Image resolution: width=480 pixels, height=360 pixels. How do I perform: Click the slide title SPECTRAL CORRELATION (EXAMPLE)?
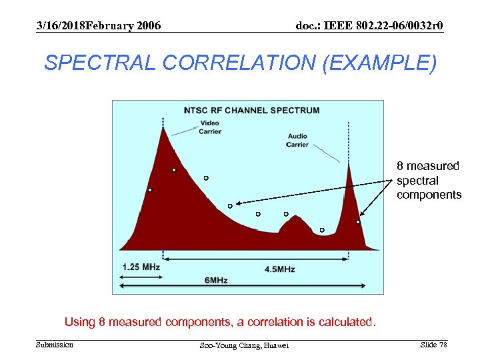(240, 63)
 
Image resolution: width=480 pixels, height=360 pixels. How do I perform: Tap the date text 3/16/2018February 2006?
(98, 26)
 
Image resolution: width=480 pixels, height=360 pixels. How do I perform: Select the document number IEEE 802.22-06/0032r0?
(369, 26)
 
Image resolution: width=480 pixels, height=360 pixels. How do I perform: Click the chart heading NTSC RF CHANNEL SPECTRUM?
(251, 110)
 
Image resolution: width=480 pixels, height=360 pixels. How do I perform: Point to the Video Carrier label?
(210, 127)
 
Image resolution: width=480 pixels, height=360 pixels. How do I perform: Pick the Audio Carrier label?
(297, 140)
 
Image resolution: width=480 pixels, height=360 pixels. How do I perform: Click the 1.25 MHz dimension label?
(141, 267)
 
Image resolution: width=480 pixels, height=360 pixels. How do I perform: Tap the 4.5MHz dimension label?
(280, 269)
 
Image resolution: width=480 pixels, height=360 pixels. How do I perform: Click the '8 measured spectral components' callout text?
(428, 180)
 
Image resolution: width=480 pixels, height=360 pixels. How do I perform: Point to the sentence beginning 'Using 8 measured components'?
(220, 322)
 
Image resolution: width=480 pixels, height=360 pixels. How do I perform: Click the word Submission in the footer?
(55, 345)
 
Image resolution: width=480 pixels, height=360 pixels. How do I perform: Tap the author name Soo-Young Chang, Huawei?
(245, 345)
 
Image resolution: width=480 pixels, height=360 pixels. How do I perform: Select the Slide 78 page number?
(433, 345)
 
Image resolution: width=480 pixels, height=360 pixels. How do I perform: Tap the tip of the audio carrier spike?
(349, 165)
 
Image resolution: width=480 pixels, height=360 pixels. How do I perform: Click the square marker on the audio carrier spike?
(358, 222)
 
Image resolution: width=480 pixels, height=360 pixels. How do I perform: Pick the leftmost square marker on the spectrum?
(150, 190)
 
